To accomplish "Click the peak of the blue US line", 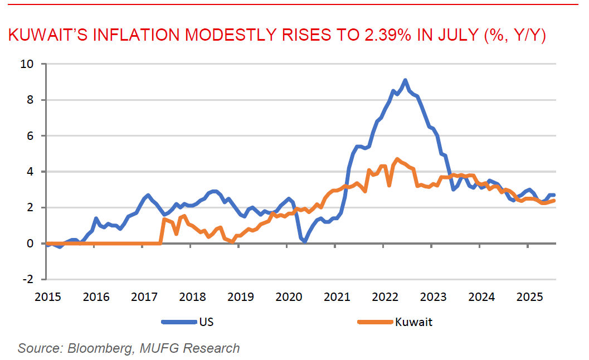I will point(405,80).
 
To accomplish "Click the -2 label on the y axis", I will point(29,279).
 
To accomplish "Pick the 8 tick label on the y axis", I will point(31,100).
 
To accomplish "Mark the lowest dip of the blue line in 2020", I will point(305,242).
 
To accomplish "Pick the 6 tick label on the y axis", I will point(31,136).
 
